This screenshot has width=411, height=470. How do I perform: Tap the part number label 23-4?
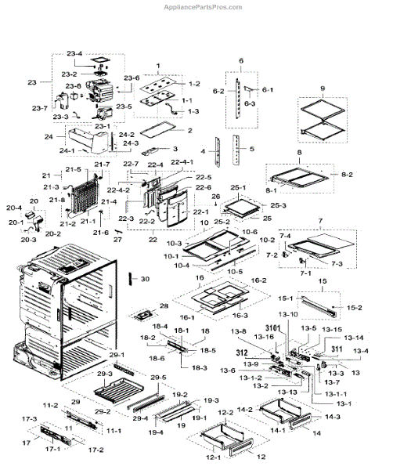(x=74, y=53)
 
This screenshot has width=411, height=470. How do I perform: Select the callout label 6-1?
(x=267, y=90)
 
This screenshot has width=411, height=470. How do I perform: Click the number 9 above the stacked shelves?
(x=322, y=88)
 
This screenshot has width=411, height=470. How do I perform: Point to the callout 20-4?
(x=14, y=208)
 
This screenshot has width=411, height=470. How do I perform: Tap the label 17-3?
(x=30, y=420)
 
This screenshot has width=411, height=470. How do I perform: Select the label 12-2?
(x=225, y=412)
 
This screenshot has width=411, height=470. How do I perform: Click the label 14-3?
(x=332, y=418)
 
